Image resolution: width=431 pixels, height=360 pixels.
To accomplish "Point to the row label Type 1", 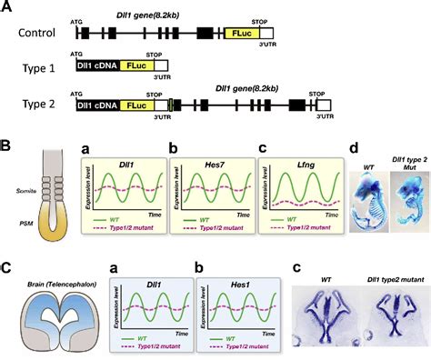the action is tap(33, 67).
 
